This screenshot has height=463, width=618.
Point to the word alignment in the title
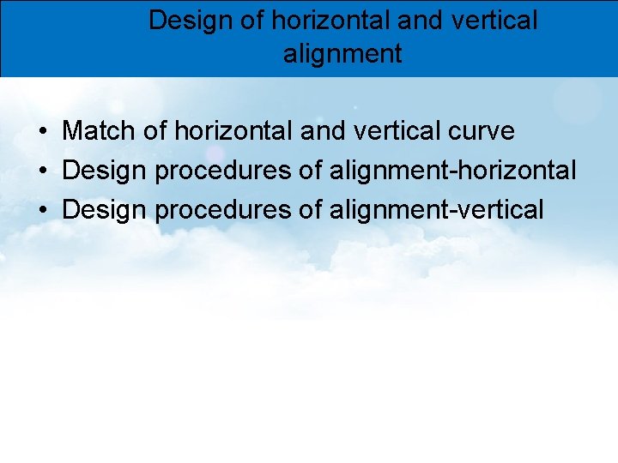tap(342, 54)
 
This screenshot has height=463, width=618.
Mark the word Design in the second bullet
tap(105, 170)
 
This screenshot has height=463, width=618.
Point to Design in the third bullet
tap(105, 208)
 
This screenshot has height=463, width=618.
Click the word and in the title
tap(419, 21)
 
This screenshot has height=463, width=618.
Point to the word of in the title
tap(252, 21)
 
